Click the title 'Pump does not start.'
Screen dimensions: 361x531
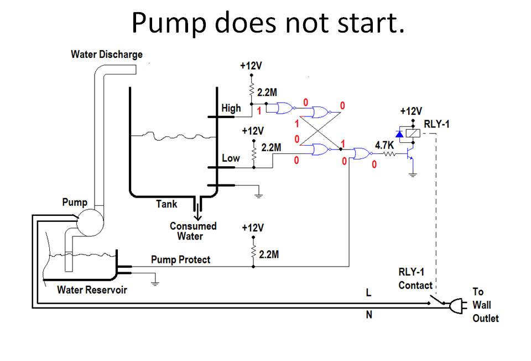click(268, 23)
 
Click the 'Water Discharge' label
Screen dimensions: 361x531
click(107, 54)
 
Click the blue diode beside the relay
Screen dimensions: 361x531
click(399, 133)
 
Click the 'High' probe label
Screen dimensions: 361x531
click(231, 108)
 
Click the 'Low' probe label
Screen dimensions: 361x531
click(231, 158)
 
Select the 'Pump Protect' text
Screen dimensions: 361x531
click(180, 259)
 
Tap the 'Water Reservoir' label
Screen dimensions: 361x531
click(92, 290)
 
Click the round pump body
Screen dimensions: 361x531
click(89, 220)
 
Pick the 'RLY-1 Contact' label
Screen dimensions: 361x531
click(415, 279)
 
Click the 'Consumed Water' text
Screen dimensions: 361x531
click(193, 231)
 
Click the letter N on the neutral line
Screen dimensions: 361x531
click(369, 316)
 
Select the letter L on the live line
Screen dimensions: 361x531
click(369, 294)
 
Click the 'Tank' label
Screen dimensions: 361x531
click(166, 204)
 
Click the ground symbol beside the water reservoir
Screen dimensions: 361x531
click(155, 282)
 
